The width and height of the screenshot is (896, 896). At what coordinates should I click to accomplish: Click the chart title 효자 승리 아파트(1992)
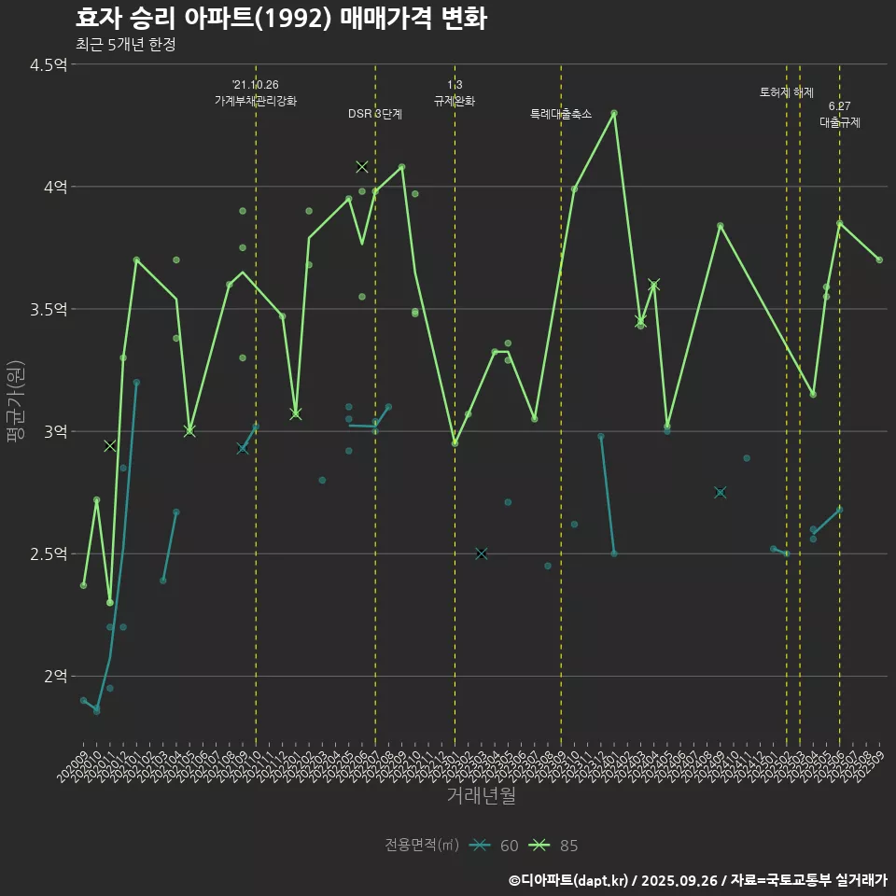[280, 19]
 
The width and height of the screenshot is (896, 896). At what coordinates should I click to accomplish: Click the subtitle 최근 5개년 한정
[125, 44]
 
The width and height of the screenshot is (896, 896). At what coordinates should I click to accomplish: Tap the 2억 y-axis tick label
[54, 676]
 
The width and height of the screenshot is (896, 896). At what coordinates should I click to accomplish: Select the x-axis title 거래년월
[481, 796]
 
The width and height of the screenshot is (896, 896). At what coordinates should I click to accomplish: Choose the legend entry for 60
[495, 846]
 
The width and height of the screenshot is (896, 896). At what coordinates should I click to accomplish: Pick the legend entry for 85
[554, 846]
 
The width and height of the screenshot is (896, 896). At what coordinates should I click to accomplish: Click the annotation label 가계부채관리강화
[256, 101]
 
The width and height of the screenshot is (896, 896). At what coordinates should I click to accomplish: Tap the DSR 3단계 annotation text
[375, 114]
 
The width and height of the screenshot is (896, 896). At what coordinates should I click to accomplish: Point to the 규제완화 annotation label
[455, 101]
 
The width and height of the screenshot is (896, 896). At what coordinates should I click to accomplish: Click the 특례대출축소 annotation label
[561, 114]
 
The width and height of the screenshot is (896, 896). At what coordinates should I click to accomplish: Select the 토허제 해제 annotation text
[787, 92]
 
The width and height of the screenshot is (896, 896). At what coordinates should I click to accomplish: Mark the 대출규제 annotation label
[840, 122]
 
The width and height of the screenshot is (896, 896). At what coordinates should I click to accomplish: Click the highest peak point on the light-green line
[614, 113]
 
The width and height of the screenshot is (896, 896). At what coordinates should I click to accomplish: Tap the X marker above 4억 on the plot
[362, 167]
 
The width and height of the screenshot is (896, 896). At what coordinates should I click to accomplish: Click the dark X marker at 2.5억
[482, 553]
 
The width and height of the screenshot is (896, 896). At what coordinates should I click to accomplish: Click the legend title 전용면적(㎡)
[422, 846]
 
